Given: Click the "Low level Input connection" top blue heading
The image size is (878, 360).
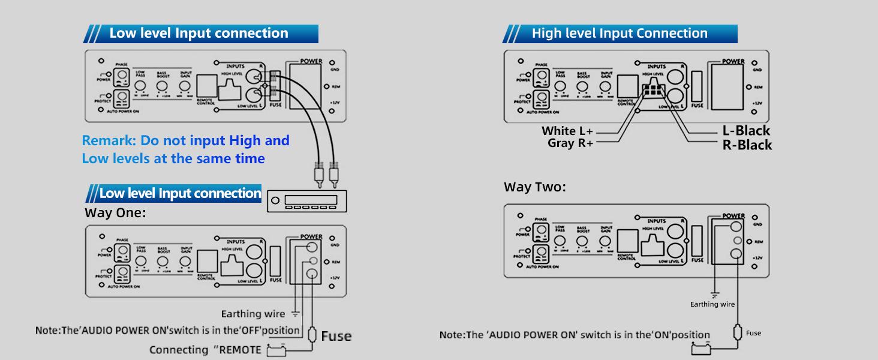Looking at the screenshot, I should click(x=199, y=33).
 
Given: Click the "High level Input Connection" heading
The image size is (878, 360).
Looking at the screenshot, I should click(x=620, y=33).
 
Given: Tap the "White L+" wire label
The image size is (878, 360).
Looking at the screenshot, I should click(x=567, y=131).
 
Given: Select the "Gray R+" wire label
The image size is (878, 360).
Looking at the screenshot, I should click(x=570, y=143).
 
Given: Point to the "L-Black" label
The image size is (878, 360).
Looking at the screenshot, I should click(x=746, y=131).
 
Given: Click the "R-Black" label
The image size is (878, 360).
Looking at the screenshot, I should click(x=747, y=145).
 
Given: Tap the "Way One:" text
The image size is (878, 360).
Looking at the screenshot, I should click(x=115, y=213).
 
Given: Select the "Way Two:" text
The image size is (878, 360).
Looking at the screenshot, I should click(x=534, y=187).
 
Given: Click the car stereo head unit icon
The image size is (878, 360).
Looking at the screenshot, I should click(x=306, y=200).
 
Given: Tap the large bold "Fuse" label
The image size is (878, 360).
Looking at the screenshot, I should click(x=336, y=336).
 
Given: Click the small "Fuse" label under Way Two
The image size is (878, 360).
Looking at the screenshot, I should click(x=753, y=333).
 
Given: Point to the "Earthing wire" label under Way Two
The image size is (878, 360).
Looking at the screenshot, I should click(x=712, y=304).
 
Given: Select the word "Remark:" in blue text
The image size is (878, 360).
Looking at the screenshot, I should click(x=109, y=140).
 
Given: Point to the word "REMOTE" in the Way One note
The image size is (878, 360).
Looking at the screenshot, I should click(x=239, y=350).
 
